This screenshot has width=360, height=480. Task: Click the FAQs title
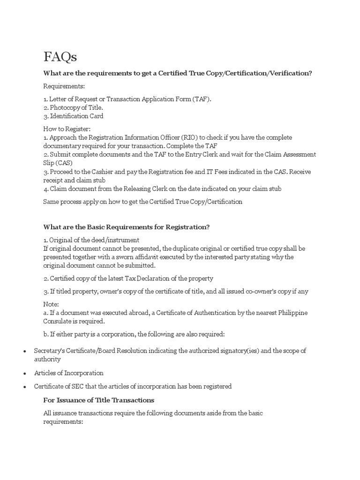pyautogui.click(x=60, y=57)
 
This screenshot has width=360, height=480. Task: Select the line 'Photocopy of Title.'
pyautogui.click(x=73, y=107)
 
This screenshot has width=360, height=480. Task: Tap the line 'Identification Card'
pyautogui.click(x=74, y=116)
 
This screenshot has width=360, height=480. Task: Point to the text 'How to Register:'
pyautogui.click(x=67, y=129)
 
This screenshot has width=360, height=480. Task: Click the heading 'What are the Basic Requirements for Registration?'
pyautogui.click(x=126, y=227)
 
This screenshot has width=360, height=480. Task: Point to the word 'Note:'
pyautogui.click(x=51, y=304)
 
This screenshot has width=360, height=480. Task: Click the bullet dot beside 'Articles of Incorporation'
pyautogui.click(x=24, y=374)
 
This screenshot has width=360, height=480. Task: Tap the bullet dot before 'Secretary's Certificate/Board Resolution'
pyautogui.click(x=24, y=351)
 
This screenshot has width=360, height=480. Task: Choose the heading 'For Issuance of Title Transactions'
pyautogui.click(x=99, y=400)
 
